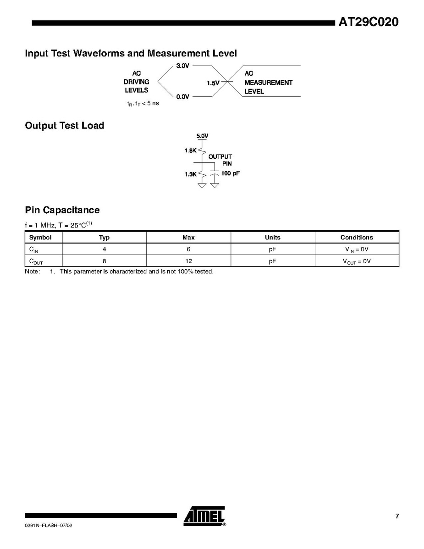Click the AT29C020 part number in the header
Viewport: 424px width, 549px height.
point(369,22)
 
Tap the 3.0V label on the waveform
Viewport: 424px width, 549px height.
point(182,66)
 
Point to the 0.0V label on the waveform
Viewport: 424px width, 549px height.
point(182,97)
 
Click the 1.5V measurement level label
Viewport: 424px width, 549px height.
point(213,83)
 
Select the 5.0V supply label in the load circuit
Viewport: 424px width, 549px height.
point(202,136)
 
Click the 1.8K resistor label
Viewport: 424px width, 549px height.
point(191,150)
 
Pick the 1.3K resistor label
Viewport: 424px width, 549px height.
point(191,174)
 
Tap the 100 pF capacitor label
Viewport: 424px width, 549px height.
point(231,174)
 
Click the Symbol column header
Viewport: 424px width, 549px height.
point(40,238)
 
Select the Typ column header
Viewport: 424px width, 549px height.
point(105,238)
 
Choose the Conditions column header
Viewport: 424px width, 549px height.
point(357,238)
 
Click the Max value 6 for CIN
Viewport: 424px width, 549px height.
point(188,250)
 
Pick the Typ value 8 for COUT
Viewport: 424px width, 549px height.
point(105,261)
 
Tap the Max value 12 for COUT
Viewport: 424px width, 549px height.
point(188,261)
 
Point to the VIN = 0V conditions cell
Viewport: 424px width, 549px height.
point(356,250)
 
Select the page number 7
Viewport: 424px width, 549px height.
point(397,516)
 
